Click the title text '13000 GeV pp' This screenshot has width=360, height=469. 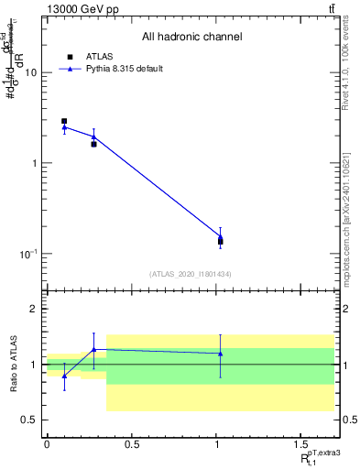point(79,9)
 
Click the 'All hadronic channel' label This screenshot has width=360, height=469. point(192,38)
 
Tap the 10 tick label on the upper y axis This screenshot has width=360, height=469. point(30,72)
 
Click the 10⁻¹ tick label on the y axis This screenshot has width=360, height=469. point(27,254)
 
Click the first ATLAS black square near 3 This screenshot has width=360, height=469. point(64,121)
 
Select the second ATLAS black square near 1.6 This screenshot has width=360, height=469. point(93,144)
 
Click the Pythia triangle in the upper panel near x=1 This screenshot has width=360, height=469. point(220,237)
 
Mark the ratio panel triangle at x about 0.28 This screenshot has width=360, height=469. point(93,349)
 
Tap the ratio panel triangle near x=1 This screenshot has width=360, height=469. point(220,353)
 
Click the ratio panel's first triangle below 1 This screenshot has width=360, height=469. point(64,376)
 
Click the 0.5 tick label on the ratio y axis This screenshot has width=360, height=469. point(30,420)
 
